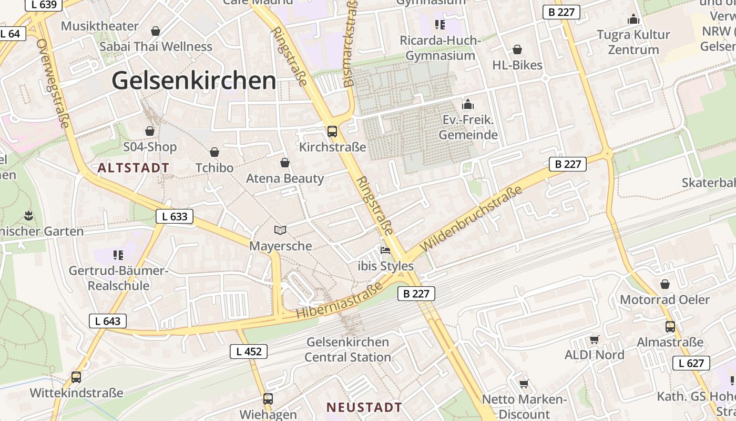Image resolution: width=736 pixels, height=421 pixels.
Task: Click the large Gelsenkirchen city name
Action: [193, 81]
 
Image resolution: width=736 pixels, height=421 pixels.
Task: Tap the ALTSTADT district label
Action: [134, 168]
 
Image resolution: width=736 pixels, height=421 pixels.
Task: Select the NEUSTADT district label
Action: [364, 407]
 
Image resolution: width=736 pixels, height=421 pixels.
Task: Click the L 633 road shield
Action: [175, 216]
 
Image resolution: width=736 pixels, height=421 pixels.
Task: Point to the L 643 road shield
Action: [108, 321]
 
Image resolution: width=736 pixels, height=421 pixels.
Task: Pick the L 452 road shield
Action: [249, 352]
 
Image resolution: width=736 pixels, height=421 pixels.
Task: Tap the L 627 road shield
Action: [691, 363]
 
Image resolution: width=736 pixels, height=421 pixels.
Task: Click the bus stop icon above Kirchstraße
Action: [332, 132]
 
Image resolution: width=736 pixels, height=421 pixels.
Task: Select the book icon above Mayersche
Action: [280, 230]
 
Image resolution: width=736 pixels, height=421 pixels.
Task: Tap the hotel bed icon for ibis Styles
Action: [385, 250]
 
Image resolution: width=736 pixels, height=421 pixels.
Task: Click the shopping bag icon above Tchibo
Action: [214, 152]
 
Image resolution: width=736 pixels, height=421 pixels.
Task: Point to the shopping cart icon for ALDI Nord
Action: [595, 339]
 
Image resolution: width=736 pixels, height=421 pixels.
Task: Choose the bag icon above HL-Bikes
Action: [517, 49]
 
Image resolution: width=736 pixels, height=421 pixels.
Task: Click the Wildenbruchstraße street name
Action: [472, 218]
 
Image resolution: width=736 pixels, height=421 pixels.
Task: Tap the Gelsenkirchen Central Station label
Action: [347, 349]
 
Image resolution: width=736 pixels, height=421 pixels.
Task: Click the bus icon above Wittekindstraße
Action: [76, 377]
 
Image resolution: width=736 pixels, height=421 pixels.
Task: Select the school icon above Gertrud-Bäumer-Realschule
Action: [118, 255]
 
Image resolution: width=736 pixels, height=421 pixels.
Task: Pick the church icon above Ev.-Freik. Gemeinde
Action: [468, 104]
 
